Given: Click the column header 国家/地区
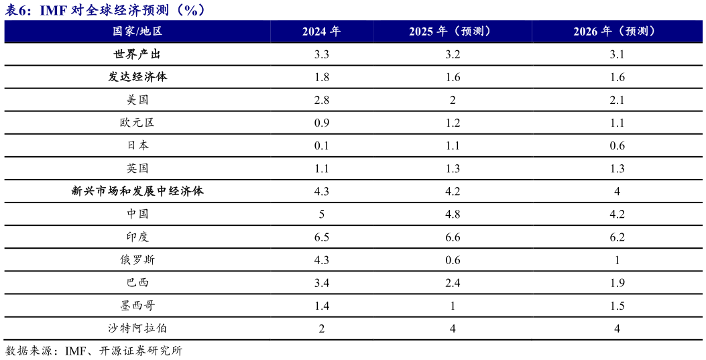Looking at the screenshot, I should [x=137, y=32].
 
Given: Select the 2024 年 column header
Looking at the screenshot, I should [x=321, y=32].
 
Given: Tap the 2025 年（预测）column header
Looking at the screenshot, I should [x=453, y=32].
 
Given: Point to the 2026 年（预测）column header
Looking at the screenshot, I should [x=617, y=32].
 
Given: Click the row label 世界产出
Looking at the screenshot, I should [x=137, y=54].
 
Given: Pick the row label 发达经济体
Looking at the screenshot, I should [x=137, y=77].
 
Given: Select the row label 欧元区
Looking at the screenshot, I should [x=137, y=123].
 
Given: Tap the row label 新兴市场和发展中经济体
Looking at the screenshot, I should [x=137, y=191].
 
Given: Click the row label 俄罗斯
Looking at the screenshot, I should [x=137, y=259].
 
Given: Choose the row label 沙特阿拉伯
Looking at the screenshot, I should [x=137, y=328].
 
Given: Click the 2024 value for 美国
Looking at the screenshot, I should [x=321, y=100].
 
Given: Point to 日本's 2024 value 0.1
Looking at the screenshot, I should [x=321, y=145].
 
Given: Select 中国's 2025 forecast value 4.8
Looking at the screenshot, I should [x=453, y=215].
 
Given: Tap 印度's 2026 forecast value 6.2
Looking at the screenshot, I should [x=617, y=237].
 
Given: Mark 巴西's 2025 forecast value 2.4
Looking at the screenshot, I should [x=453, y=283].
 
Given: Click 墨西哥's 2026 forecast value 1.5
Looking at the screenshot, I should [x=617, y=306].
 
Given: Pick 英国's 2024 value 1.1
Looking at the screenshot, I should [x=321, y=168].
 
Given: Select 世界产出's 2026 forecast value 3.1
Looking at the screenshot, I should [x=617, y=54].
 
